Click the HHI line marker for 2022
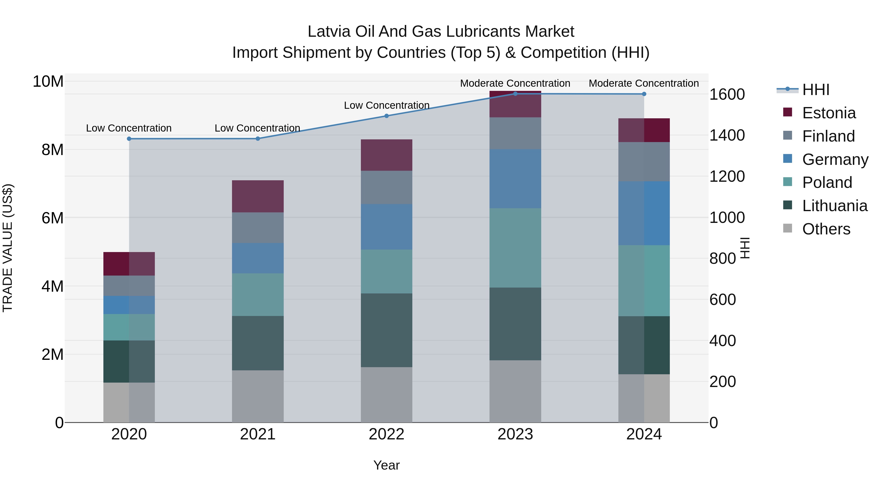point(387,116)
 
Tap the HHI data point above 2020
point(129,139)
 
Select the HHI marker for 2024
point(644,94)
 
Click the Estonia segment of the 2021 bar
point(258,196)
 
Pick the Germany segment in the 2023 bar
point(515,179)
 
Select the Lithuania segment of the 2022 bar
point(387,330)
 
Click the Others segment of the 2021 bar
point(258,396)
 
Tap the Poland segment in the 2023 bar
point(515,248)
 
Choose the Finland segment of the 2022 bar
point(387,188)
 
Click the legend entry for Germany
point(835,159)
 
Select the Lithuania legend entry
point(834,206)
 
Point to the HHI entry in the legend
point(816,90)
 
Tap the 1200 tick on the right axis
point(727,177)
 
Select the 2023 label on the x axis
point(515,434)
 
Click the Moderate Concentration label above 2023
point(515,83)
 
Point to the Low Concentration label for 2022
point(387,105)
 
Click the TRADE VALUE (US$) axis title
point(8,248)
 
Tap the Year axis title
point(387,465)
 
